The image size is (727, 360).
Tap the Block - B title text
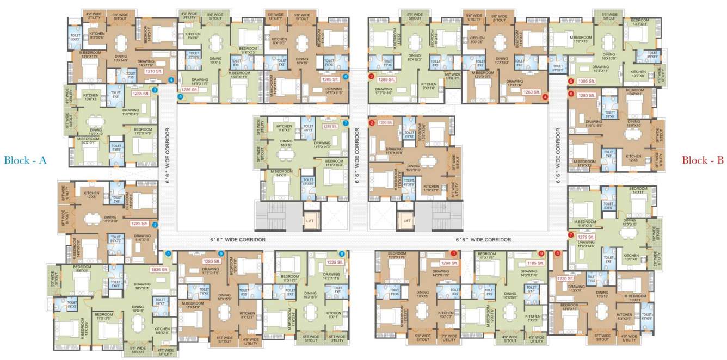[703, 160]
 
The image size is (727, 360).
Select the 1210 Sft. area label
[154, 71]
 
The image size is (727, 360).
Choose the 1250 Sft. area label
[385, 123]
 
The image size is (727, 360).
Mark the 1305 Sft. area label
[586, 81]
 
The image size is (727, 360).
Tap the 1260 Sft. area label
[531, 92]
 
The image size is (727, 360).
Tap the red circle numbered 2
[372, 123]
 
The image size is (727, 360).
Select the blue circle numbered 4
[171, 80]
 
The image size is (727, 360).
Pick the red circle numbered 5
[571, 82]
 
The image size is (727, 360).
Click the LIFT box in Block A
[309, 221]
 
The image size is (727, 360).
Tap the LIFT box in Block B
[406, 221]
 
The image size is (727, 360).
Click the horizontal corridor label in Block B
[483, 240]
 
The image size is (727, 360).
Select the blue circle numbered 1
[168, 253]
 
